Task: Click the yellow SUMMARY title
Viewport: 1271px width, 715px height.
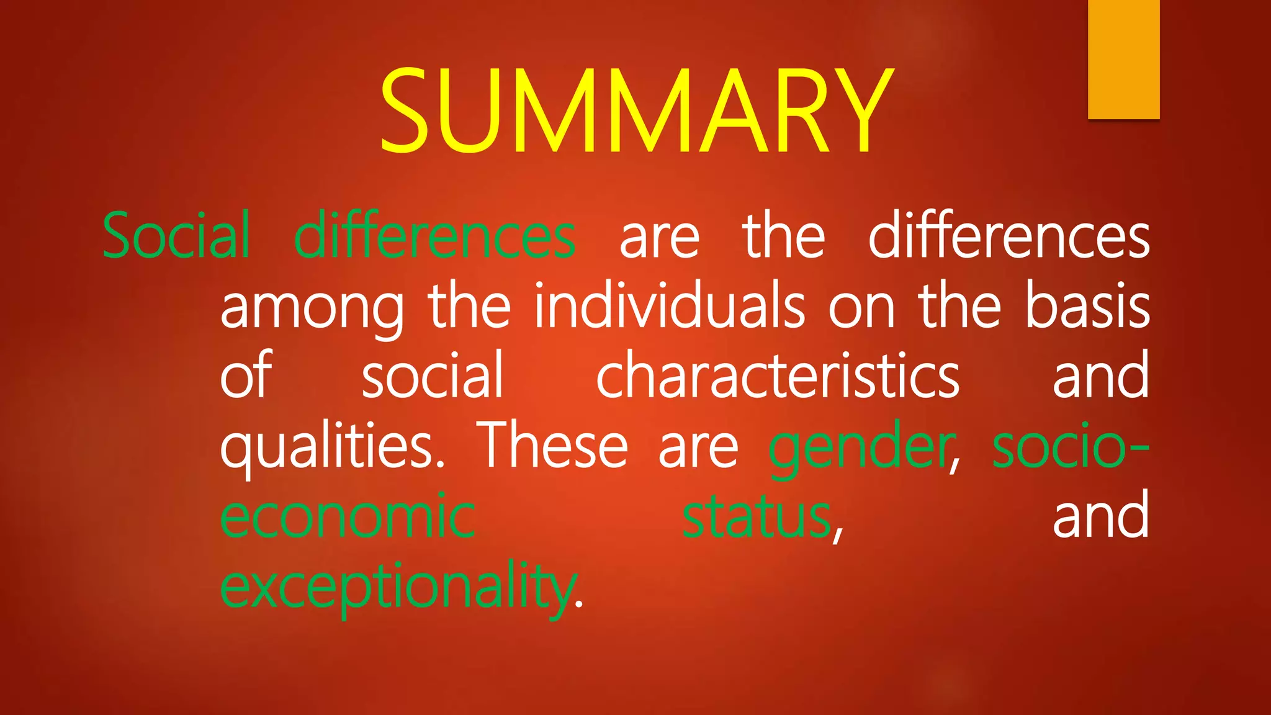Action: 635,110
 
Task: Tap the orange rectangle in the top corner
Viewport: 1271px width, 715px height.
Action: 1123,59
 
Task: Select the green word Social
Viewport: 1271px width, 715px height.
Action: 177,236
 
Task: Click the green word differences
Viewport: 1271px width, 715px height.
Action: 434,236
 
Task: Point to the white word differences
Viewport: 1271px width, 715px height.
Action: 1008,236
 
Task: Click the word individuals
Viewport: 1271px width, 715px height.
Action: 670,306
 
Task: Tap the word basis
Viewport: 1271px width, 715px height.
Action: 1087,306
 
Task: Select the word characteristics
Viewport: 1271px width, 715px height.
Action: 778,375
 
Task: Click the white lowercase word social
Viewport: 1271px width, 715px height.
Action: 432,375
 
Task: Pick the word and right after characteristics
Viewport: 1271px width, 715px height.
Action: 1100,375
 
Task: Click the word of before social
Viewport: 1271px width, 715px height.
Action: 246,375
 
